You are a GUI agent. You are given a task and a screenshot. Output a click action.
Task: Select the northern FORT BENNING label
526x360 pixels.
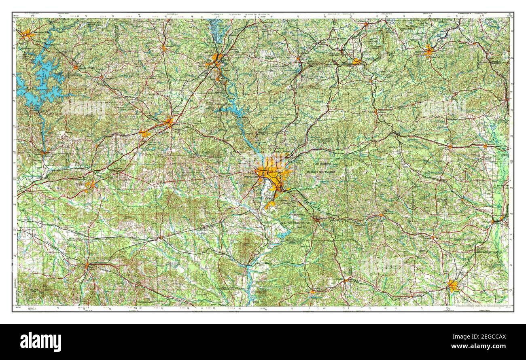(322, 164)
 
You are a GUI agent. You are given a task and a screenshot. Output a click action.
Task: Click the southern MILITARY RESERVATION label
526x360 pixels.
(296, 223)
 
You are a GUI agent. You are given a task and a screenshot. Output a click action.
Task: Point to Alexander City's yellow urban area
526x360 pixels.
(27, 34)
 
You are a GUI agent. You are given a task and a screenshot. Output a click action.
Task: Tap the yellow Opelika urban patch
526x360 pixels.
(168, 122)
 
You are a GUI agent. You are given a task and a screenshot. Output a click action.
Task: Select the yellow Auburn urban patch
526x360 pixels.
(144, 133)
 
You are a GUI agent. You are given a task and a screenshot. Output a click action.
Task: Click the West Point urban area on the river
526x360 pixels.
(216, 59)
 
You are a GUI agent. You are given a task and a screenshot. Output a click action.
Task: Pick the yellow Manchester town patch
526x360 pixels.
(356, 61)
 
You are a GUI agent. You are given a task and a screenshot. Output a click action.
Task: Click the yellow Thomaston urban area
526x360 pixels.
(428, 51)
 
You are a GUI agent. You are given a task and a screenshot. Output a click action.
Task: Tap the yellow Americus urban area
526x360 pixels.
(452, 286)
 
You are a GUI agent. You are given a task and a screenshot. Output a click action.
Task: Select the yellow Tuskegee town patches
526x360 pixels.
(90, 185)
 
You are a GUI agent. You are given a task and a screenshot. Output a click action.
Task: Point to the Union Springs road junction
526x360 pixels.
(87, 265)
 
